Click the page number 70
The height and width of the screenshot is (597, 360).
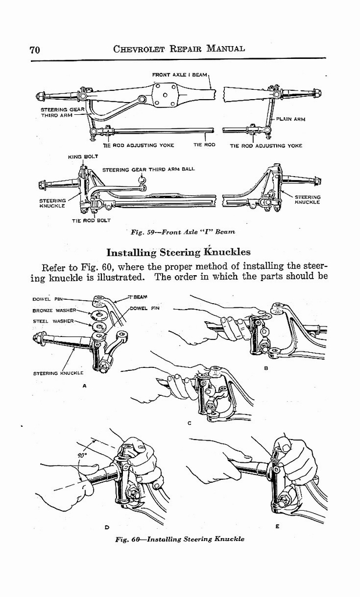coord(34,50)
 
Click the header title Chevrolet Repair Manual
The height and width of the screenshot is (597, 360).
coord(179,49)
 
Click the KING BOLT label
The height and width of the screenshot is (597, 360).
coord(79,157)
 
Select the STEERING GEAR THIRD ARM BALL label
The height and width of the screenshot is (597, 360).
coord(148,169)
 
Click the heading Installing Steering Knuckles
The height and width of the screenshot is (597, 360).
coord(178,252)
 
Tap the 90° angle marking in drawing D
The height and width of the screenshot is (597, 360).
coord(82,455)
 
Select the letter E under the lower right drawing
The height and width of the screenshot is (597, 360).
coord(277,526)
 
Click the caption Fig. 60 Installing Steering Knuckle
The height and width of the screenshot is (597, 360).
coord(179,539)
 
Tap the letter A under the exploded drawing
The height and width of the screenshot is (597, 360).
coord(85,386)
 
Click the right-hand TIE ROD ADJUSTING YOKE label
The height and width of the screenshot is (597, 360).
coord(266,146)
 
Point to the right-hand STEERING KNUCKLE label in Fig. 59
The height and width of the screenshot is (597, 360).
coord(307,199)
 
